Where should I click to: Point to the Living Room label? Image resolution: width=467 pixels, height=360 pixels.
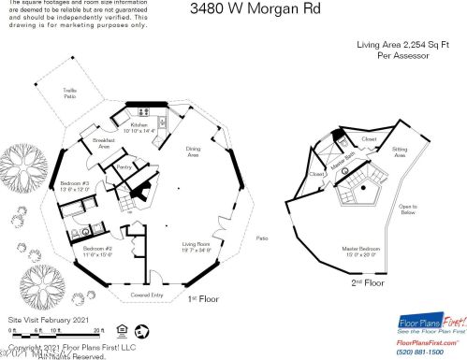pyautogui.click(x=196, y=247)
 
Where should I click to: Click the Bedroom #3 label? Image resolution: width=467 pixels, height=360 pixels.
pyautogui.click(x=74, y=184)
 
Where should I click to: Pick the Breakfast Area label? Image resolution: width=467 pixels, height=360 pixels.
pyautogui.click(x=103, y=144)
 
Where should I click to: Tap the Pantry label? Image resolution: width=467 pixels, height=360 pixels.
pyautogui.click(x=124, y=168)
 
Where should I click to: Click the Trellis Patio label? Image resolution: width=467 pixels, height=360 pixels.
pyautogui.click(x=69, y=94)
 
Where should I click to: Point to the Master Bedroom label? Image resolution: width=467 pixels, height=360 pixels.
pyautogui.click(x=360, y=252)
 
